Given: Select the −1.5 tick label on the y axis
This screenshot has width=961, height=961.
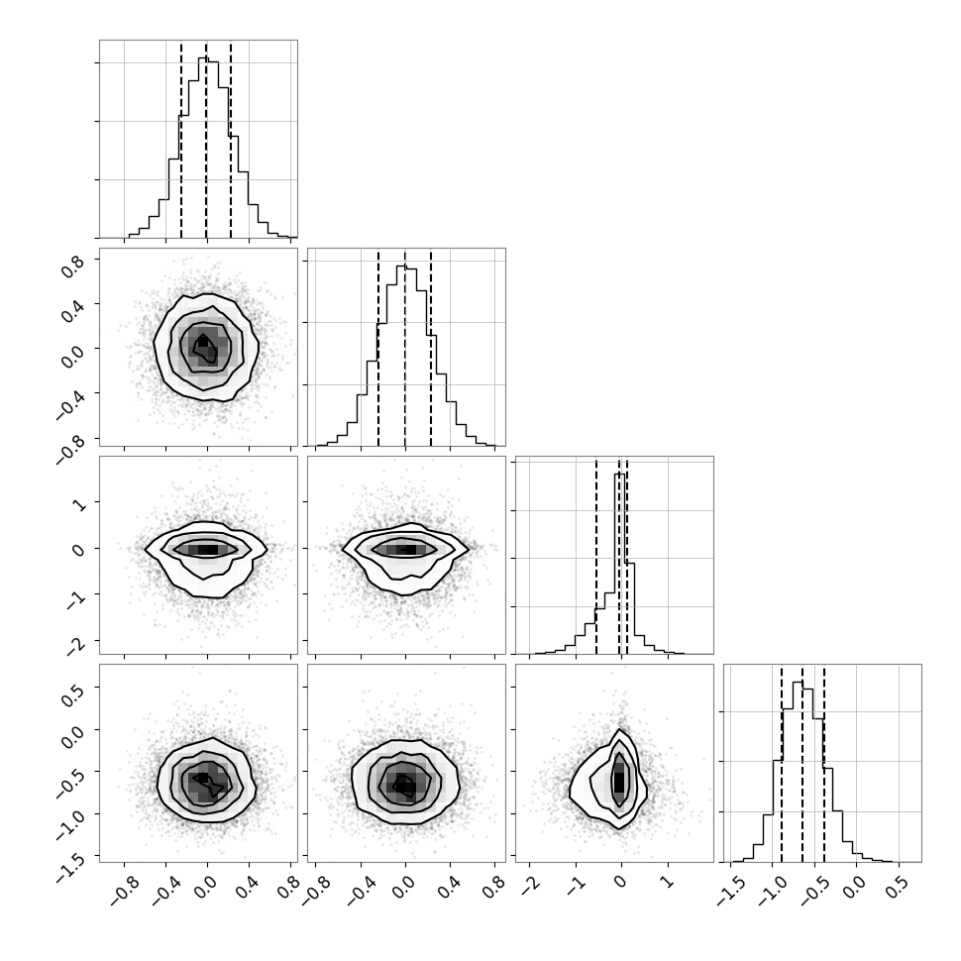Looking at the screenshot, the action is click(x=71, y=866).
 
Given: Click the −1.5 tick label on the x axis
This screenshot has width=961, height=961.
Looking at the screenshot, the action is click(x=730, y=893).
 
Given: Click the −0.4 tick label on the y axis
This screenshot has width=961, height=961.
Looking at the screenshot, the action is click(x=71, y=405).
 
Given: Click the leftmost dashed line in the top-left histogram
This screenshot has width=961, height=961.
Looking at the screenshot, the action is click(x=180, y=139).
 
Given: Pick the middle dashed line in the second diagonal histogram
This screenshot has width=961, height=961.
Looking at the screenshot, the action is click(x=405, y=348).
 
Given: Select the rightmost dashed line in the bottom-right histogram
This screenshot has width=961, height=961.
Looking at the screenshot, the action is click(x=824, y=764).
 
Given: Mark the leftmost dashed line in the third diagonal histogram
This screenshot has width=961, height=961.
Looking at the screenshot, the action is click(x=596, y=555).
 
